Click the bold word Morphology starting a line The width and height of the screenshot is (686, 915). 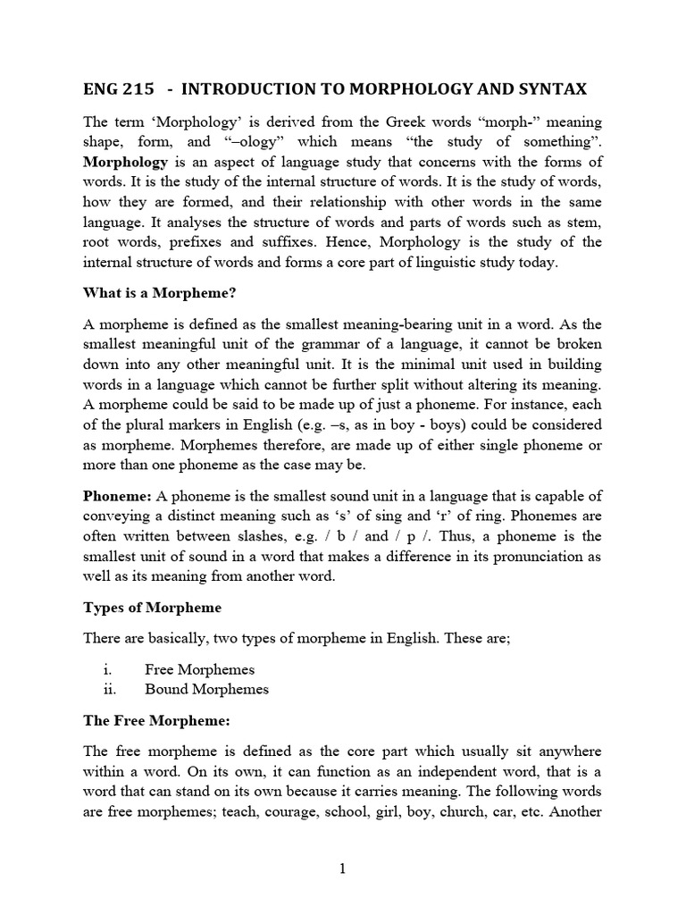pos(125,162)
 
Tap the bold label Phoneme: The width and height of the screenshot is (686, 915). pos(117,495)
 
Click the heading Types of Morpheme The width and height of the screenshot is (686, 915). pos(152,608)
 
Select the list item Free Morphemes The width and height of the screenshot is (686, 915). pos(199,669)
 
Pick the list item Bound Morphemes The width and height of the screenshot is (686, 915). pos(206,689)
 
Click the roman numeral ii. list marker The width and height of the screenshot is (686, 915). pos(111,689)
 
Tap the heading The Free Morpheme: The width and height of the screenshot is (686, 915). pos(157,719)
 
